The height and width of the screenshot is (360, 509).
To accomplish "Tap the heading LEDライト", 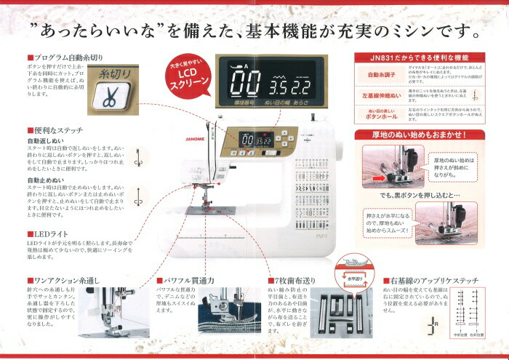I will click(x=47, y=233).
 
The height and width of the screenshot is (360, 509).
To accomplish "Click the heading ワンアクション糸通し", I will click(x=63, y=279).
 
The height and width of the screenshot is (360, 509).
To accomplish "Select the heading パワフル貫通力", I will click(x=187, y=279).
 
